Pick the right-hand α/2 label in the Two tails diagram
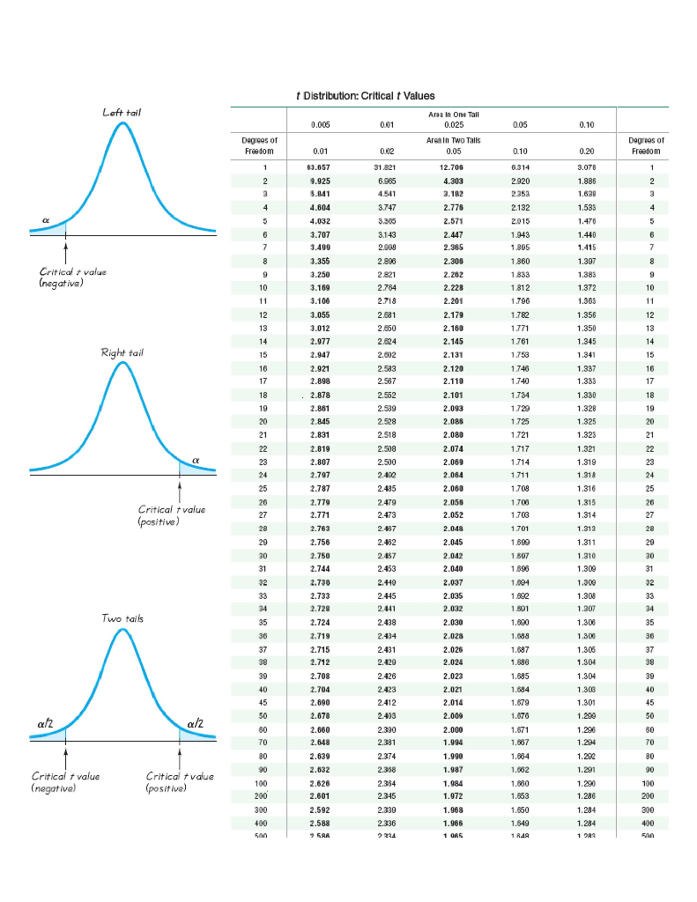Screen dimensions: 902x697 coord(195,723)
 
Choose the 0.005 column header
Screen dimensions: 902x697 coord(321,125)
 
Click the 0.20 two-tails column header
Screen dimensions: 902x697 coord(587,151)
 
